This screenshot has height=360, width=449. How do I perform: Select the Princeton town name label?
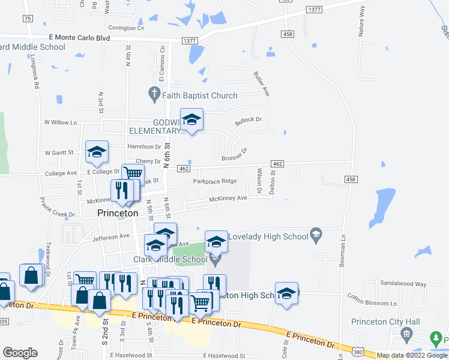tap(118, 213)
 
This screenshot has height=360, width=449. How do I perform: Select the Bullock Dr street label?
tap(249, 120)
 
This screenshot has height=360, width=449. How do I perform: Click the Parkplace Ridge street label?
tap(215, 181)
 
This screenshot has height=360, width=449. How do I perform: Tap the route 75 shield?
tap(28, 19)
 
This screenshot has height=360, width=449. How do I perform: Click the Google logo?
tap(20, 352)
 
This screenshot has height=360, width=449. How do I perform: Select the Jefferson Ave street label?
tap(111, 237)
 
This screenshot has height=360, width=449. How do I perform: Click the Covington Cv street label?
tap(126, 28)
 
